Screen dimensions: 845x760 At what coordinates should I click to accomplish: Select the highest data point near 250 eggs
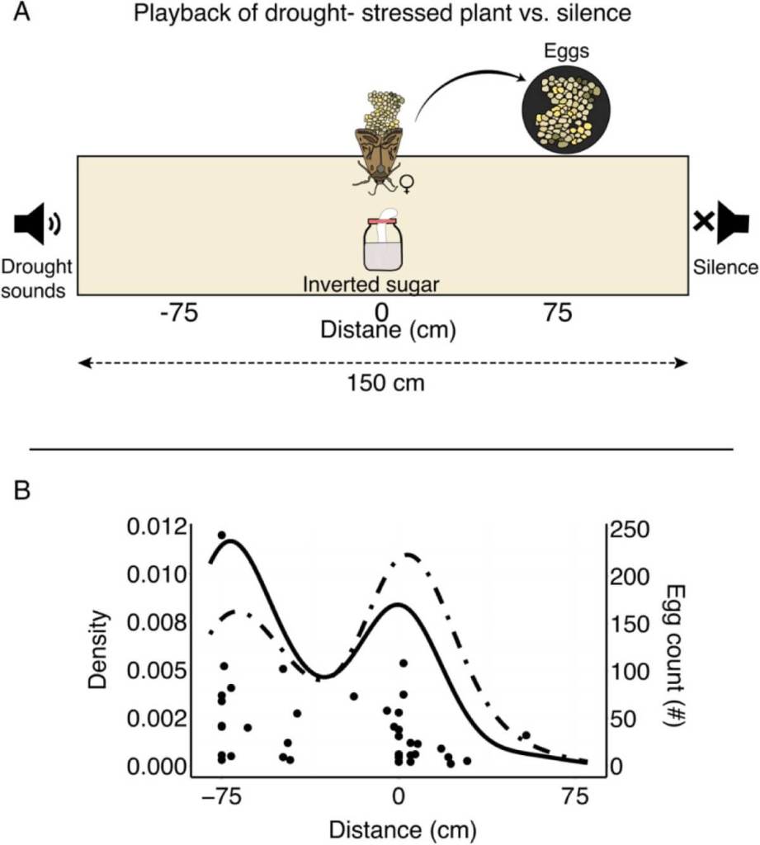pyautogui.click(x=221, y=536)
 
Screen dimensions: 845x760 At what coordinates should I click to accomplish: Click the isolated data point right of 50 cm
pyautogui.click(x=526, y=735)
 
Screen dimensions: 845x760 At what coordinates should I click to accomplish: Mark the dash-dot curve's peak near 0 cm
pyautogui.click(x=407, y=554)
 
